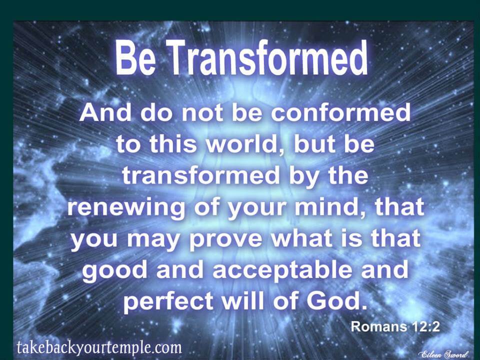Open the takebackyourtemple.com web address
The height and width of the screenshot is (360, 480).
[x=98, y=347]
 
